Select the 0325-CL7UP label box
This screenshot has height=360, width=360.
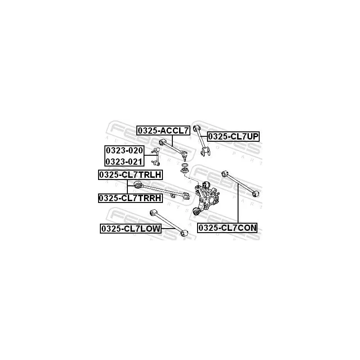(233, 136)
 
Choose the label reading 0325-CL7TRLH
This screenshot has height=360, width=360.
(130, 175)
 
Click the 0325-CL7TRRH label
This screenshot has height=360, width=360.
(130, 198)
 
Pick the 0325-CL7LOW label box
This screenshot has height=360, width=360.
(130, 229)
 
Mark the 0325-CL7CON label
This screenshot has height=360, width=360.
(228, 228)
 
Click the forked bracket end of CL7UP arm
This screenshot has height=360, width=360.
(207, 152)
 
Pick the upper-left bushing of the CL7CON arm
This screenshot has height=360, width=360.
(224, 173)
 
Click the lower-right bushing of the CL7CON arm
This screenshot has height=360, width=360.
(256, 193)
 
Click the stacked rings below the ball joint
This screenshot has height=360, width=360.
(184, 170)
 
